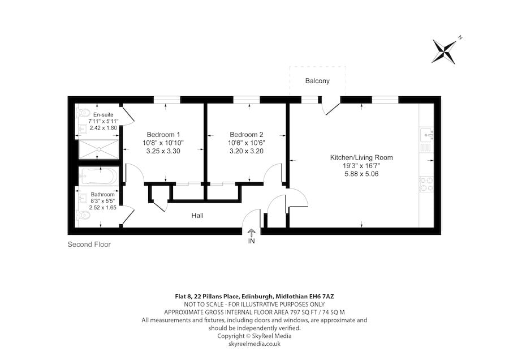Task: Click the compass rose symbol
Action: tap(445, 51)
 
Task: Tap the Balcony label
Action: tap(317, 81)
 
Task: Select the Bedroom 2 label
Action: tap(246, 134)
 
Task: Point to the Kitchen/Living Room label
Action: tap(361, 157)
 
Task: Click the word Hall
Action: tap(197, 216)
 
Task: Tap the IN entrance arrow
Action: tap(252, 233)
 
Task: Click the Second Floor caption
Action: tap(89, 245)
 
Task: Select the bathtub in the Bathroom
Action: tap(99, 177)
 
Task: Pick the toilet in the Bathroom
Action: tap(83, 215)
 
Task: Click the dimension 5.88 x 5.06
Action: tap(361, 174)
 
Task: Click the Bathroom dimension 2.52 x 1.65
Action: tap(102, 208)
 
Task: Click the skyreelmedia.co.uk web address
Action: tap(254, 344)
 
